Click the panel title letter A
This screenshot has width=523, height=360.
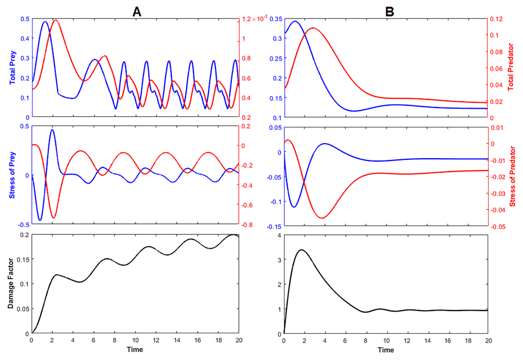click(137, 8)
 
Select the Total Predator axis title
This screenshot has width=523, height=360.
click(512, 67)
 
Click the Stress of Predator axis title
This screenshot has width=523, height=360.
click(512, 174)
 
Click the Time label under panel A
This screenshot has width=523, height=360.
click(134, 350)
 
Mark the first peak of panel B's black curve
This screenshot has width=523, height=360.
click(301, 250)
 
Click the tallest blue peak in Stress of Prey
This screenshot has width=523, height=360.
click(52, 130)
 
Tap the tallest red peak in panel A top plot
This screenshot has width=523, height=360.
click(56, 20)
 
